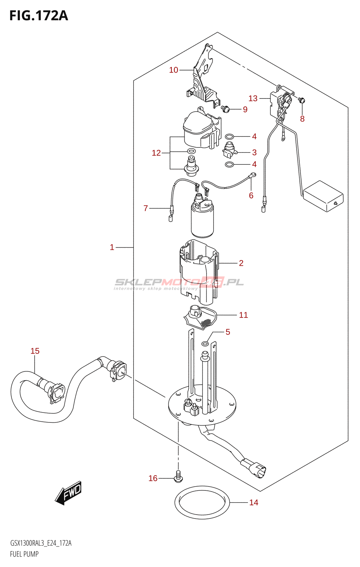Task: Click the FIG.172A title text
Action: (x=38, y=16)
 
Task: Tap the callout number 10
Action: (x=174, y=70)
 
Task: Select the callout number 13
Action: (x=253, y=98)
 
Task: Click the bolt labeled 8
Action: (x=302, y=100)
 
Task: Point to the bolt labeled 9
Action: (x=225, y=109)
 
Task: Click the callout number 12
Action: (x=156, y=153)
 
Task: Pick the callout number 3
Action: (x=254, y=152)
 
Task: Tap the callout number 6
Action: (x=251, y=195)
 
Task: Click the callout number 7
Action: (x=146, y=208)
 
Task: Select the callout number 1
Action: (x=112, y=247)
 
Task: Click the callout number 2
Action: (x=241, y=263)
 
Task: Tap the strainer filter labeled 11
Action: (x=200, y=317)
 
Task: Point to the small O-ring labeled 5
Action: (x=205, y=344)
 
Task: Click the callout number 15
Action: (x=35, y=351)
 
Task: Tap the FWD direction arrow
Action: (x=69, y=493)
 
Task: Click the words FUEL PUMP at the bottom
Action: (x=24, y=554)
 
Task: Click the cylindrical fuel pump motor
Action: (x=202, y=220)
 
